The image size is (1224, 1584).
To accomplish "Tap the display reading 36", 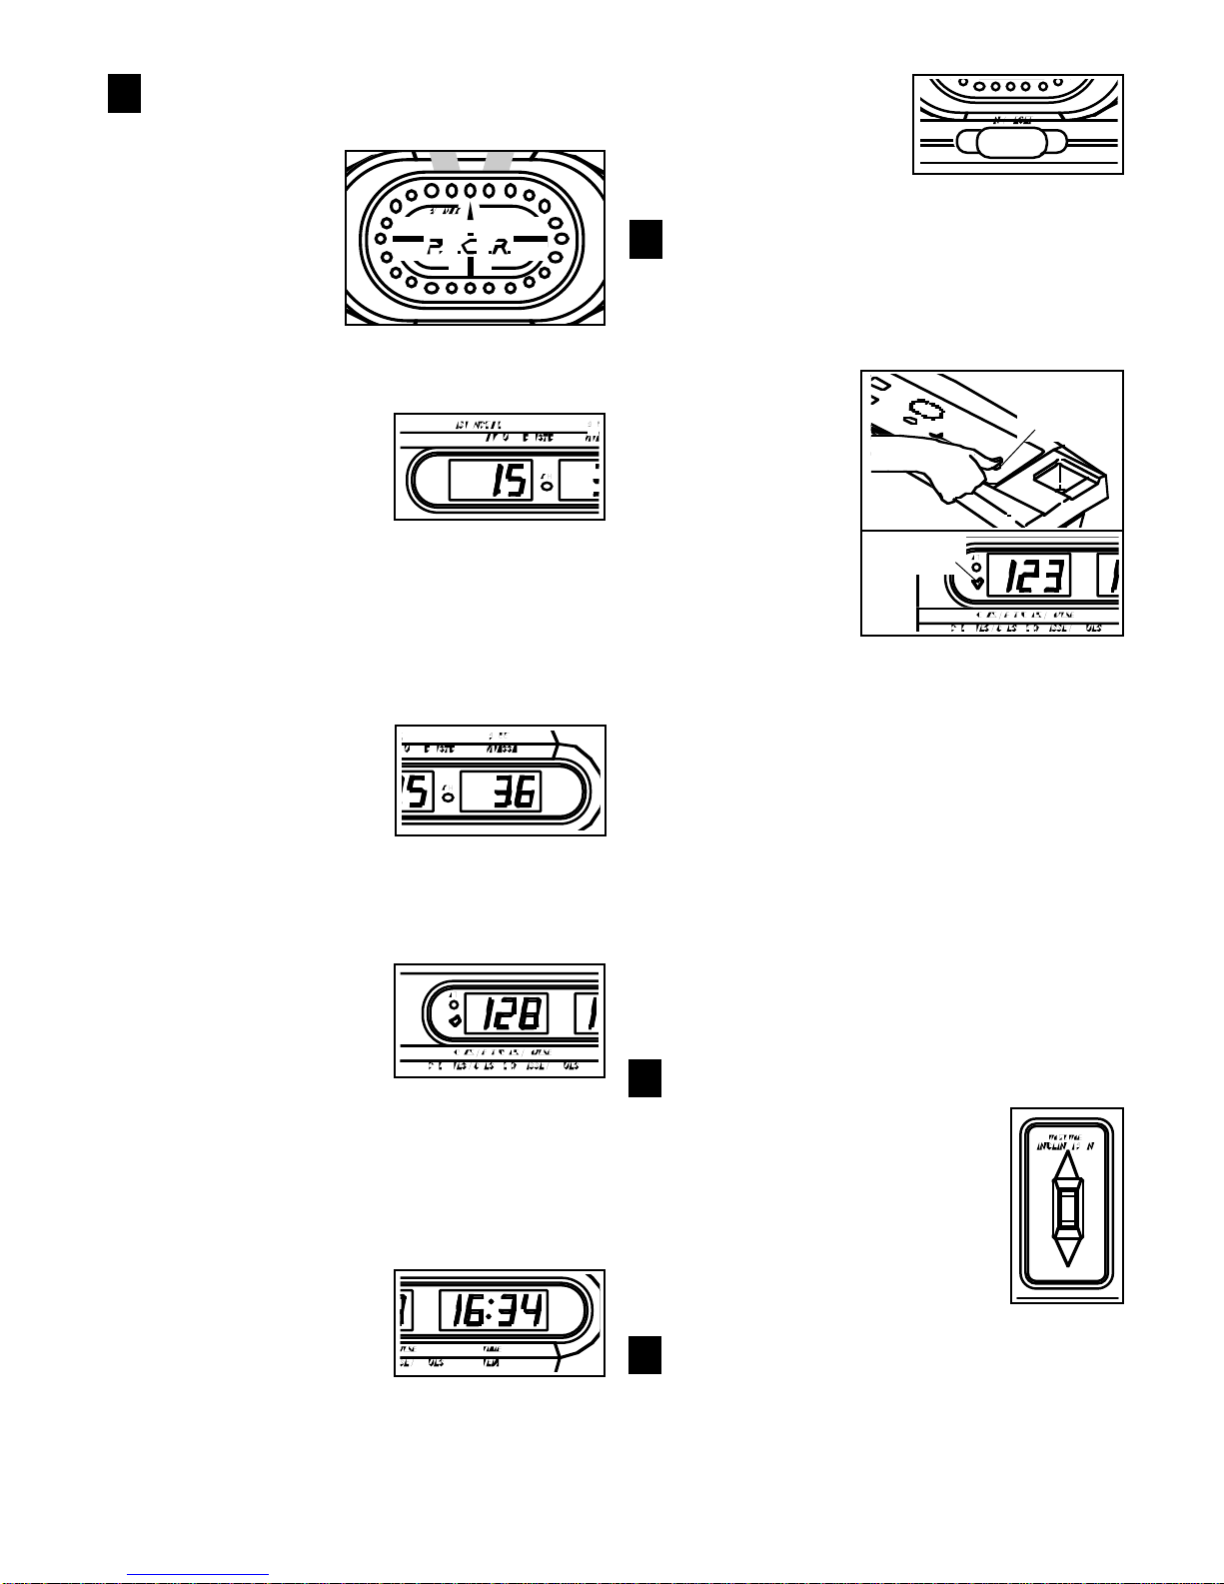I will pyautogui.click(x=500, y=792).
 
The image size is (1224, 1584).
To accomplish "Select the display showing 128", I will pyautogui.click(x=507, y=1014).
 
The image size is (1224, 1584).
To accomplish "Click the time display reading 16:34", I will pyautogui.click(x=494, y=1310).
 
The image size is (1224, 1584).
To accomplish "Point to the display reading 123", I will pyautogui.click(x=1028, y=575).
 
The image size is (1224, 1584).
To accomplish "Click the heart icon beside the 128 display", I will pyautogui.click(x=455, y=1021).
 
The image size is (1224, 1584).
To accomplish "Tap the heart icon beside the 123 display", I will pyautogui.click(x=976, y=582).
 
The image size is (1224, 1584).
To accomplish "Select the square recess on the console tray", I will pyautogui.click(x=1062, y=481).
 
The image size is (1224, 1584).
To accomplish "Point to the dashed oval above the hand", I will pyautogui.click(x=926, y=409).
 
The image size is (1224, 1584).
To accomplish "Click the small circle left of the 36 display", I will pyautogui.click(x=448, y=797).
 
